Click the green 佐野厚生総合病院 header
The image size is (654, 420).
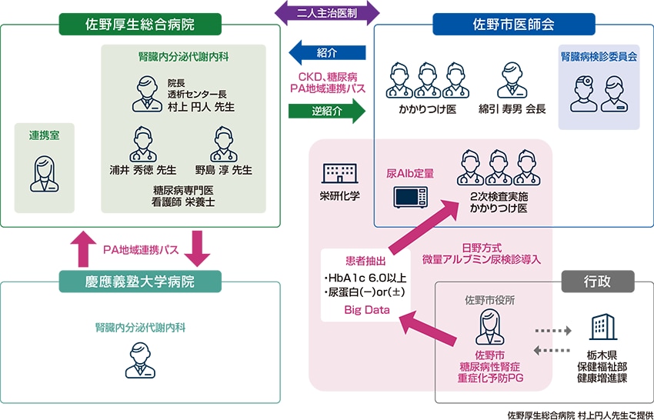tap(139, 24)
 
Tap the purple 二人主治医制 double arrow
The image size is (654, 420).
tap(328, 12)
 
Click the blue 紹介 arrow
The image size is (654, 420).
tap(327, 52)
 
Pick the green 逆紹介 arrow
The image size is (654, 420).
tap(327, 111)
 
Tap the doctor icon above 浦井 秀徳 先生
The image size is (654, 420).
tap(143, 144)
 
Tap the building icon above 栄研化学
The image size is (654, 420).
tap(339, 172)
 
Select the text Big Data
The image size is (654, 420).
tap(365, 309)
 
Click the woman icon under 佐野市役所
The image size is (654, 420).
tap(489, 327)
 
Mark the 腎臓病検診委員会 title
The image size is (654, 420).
tap(598, 57)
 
